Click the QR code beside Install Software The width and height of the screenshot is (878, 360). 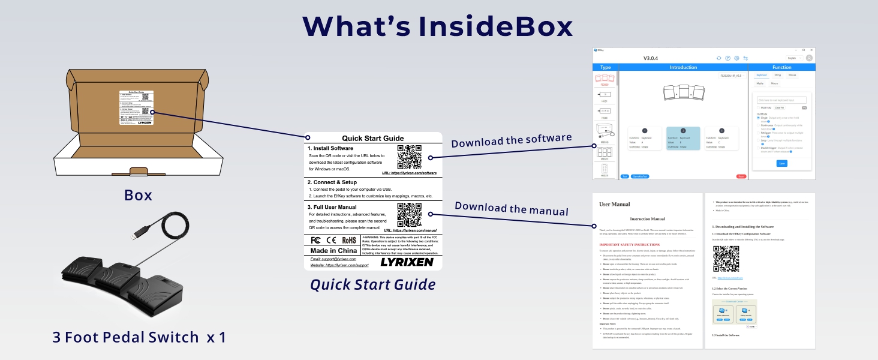[409, 157]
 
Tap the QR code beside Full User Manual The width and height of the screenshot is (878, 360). [409, 214]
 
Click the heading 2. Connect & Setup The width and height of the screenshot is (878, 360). [332, 182]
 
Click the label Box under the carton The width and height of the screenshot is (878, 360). [138, 196]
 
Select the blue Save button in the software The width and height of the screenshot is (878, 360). [781, 163]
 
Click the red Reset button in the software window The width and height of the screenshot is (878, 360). [741, 176]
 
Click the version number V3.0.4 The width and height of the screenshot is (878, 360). [651, 58]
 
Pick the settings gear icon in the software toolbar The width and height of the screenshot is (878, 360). [736, 58]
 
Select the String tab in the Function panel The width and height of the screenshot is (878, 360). [777, 76]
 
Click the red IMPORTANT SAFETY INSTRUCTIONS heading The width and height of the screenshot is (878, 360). [630, 245]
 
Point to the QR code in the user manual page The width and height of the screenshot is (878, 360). [726, 260]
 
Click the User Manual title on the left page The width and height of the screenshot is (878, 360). [614, 205]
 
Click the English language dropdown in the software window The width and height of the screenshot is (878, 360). [793, 58]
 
